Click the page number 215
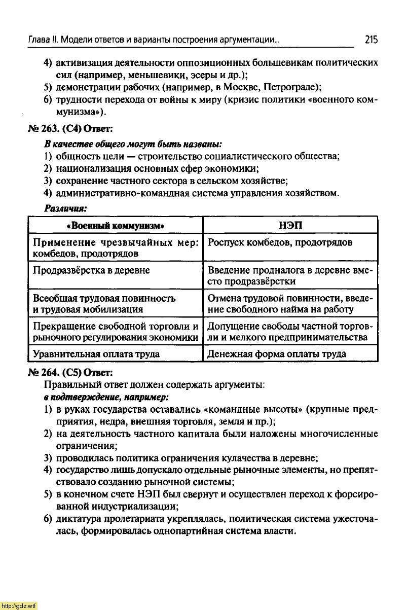coord(371,39)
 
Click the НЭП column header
coord(290,225)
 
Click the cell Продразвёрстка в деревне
coord(92,270)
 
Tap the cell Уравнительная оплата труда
coord(96,354)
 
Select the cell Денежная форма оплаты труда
coord(277,354)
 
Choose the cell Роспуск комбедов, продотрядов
coord(280,243)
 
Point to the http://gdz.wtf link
coord(19,605)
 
